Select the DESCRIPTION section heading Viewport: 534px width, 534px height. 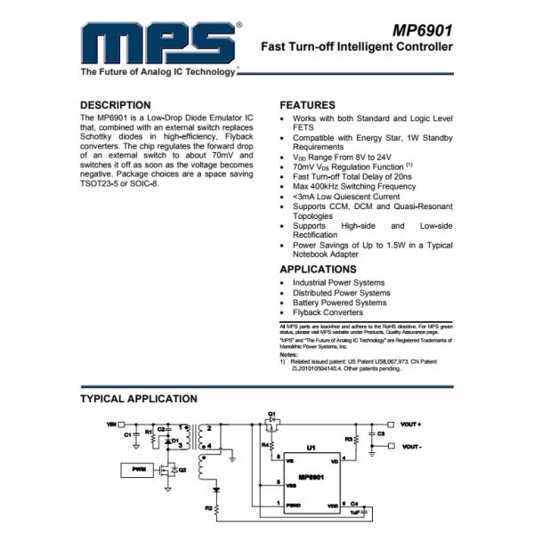[116, 104]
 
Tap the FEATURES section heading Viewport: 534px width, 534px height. [307, 104]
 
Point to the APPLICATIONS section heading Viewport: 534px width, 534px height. [318, 269]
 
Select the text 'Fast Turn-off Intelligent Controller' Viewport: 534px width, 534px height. [356, 47]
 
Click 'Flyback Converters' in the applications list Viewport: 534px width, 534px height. [328, 313]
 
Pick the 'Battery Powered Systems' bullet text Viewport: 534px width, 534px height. [339, 303]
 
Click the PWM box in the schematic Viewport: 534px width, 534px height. [138, 467]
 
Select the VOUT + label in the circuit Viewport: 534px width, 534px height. [410, 424]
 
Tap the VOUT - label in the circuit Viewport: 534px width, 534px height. [410, 446]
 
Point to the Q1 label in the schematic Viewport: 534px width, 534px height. [273, 413]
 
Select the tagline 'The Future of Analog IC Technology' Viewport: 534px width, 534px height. [158, 72]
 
